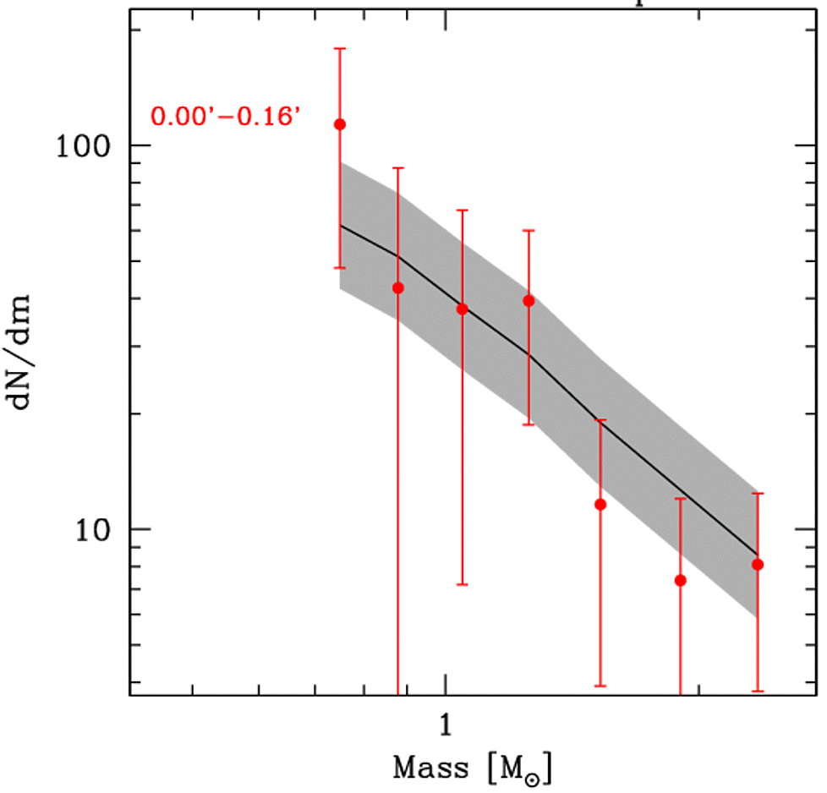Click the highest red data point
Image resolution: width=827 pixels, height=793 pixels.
pos(340,124)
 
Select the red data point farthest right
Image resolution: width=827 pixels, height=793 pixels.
pos(758,564)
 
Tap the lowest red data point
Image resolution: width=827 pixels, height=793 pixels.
pos(680,580)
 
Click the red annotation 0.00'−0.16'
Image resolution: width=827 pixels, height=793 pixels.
pos(226,115)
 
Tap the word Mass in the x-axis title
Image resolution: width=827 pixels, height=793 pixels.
pos(431,768)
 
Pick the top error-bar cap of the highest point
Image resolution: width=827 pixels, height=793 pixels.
pos(340,48)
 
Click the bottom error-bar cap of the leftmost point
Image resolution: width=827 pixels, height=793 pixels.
pos(340,268)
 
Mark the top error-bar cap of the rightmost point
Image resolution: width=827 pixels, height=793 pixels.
pos(758,493)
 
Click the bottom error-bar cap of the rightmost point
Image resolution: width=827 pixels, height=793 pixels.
pos(758,691)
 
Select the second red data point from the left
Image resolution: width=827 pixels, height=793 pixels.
pos(397,287)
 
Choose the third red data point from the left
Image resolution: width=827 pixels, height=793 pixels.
pos(462,309)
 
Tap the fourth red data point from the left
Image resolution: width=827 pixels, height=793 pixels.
pos(529,300)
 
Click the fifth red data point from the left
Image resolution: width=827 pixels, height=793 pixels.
pos(600,505)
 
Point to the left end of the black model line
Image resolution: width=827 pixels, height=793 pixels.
pos(340,225)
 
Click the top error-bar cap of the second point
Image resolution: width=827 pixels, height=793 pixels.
pos(397,168)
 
